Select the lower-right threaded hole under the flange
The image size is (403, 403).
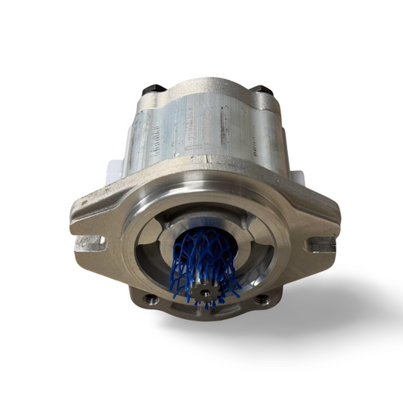(261, 299)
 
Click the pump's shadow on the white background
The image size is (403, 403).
(318, 318)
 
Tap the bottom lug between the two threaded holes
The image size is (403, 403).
(204, 315)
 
